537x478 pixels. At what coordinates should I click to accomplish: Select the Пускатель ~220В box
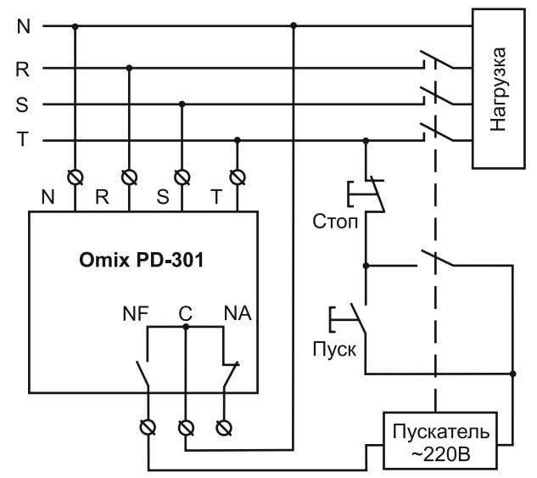(x=436, y=441)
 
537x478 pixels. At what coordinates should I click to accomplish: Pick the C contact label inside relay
(x=186, y=313)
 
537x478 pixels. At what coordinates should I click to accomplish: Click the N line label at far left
(x=23, y=25)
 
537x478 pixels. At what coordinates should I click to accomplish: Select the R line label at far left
(x=23, y=69)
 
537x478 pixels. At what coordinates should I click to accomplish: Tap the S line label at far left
(x=23, y=104)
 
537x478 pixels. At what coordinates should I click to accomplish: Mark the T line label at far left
(x=23, y=141)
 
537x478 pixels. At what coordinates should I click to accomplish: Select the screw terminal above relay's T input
(x=238, y=177)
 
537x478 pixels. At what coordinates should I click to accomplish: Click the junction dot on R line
(x=129, y=68)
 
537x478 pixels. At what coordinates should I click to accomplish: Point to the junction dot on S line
(x=182, y=104)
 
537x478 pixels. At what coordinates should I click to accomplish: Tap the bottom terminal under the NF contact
(x=149, y=427)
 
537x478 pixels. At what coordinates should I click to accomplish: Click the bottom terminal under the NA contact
(x=224, y=427)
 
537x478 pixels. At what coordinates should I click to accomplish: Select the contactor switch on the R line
(x=434, y=63)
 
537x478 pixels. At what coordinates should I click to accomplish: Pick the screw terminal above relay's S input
(x=182, y=177)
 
